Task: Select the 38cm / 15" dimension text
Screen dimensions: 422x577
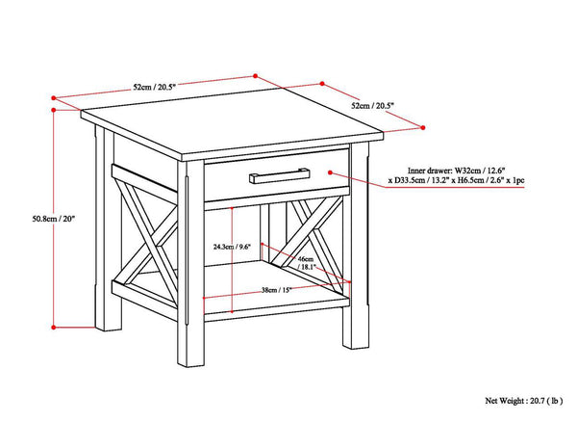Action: (279, 291)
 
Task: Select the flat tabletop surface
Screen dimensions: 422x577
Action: (223, 127)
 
